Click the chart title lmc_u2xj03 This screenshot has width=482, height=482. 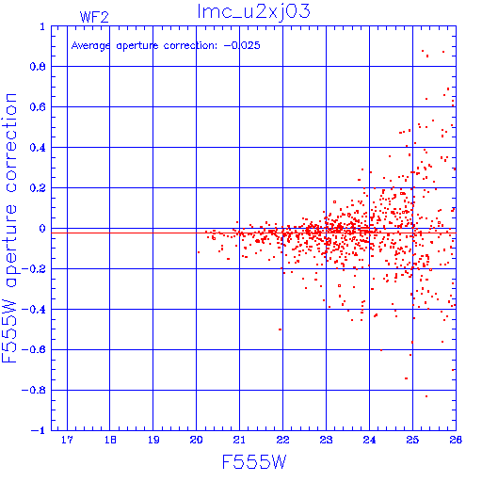click(x=253, y=12)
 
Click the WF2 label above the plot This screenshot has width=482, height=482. click(x=94, y=17)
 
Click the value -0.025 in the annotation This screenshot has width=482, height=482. click(x=242, y=45)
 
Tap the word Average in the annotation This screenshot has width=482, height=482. click(x=90, y=46)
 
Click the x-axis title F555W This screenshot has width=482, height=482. click(x=254, y=462)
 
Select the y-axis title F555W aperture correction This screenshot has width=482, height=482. click(x=9, y=228)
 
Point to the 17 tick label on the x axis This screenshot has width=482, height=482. click(x=67, y=440)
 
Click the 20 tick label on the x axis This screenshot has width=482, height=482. click(x=197, y=440)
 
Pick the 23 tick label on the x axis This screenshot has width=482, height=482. click(x=326, y=440)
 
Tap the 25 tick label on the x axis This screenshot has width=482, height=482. click(x=412, y=440)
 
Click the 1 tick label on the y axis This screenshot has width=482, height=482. click(x=42, y=26)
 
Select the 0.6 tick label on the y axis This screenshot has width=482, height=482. click(x=38, y=107)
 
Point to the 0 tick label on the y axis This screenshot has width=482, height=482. click(x=42, y=229)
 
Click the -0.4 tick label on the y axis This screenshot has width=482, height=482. click(x=34, y=310)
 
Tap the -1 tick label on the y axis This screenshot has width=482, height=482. click(x=39, y=430)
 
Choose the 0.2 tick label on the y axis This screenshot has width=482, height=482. click(x=38, y=188)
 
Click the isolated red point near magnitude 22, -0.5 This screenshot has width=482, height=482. click(x=280, y=329)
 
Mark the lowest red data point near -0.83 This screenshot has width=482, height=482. click(x=426, y=396)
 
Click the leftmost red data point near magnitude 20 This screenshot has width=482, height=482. click(x=199, y=252)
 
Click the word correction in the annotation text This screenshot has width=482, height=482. click(x=190, y=46)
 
